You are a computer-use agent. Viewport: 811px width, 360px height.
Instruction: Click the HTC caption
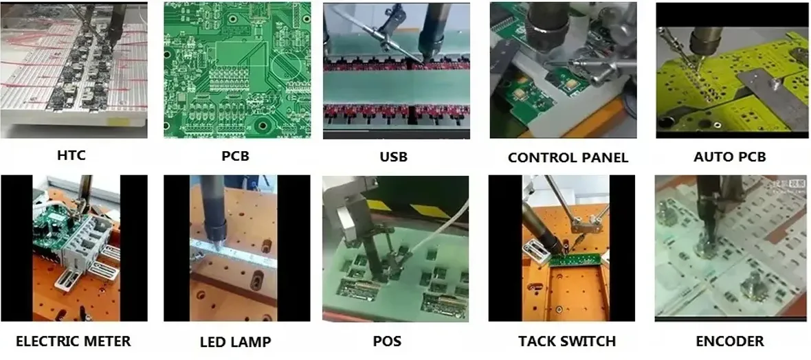pos(71,155)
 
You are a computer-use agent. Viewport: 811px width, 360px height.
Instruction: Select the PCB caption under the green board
pos(235,156)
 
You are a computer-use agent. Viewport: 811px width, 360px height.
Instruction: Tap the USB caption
pos(393,157)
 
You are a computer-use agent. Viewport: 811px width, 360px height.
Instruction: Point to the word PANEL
pos(603,158)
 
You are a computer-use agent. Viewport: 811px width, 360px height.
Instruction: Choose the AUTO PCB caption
pos(729,157)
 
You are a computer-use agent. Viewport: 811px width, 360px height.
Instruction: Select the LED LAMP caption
pos(235,342)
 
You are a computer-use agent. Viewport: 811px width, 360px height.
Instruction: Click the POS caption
pos(388,341)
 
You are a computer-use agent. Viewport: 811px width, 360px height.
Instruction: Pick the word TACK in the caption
pos(537,341)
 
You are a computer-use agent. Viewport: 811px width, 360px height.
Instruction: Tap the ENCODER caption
pos(729,341)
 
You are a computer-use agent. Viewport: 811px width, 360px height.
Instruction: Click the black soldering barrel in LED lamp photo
pos(214,206)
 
